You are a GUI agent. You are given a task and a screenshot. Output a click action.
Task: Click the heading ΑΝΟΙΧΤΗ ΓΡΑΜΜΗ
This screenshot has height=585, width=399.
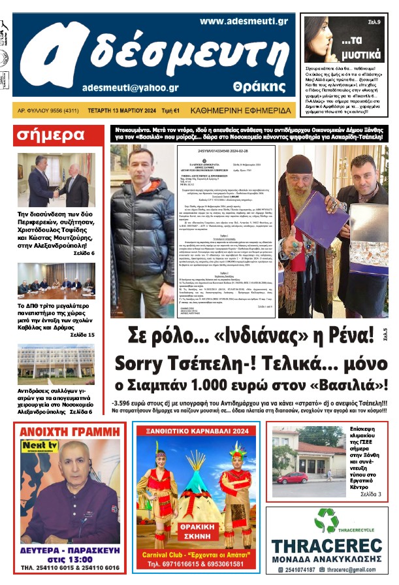click(69, 432)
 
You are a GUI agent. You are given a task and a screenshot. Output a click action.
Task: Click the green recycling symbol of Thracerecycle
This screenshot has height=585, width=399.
click(326, 521)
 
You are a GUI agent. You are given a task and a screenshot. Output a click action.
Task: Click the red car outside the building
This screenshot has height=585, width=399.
click(292, 477)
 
